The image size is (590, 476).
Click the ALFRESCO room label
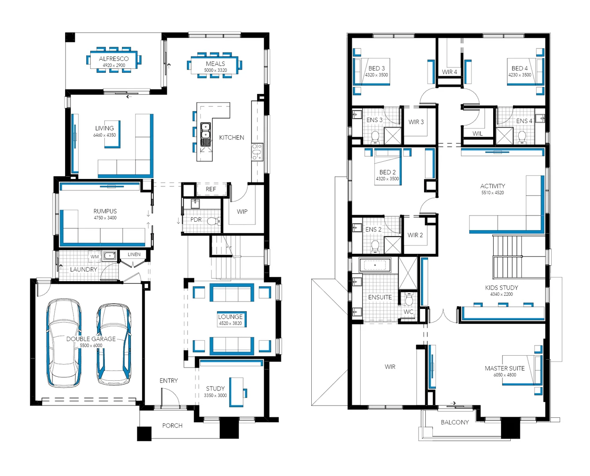114,59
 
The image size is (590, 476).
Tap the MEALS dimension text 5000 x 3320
215,71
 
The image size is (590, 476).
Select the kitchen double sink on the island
206,134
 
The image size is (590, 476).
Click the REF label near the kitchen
211,189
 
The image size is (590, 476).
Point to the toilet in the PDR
213,221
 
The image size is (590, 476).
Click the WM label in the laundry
95,257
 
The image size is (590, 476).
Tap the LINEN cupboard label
134,254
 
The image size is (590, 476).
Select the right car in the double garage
114,343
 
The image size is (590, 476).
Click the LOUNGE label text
230,316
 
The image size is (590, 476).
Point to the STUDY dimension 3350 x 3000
215,395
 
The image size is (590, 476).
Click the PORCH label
172,425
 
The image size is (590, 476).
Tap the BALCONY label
455,422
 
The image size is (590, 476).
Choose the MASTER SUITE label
505,368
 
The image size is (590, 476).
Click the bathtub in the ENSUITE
375,265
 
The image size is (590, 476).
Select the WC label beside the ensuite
409,312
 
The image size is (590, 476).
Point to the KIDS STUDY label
501,287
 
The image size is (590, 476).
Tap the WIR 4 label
450,72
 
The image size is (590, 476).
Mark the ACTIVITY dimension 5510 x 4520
493,193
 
